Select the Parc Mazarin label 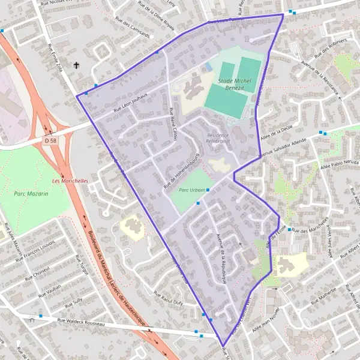coord(31,194)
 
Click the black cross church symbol coord(76,65)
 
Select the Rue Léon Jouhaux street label coord(131,106)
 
